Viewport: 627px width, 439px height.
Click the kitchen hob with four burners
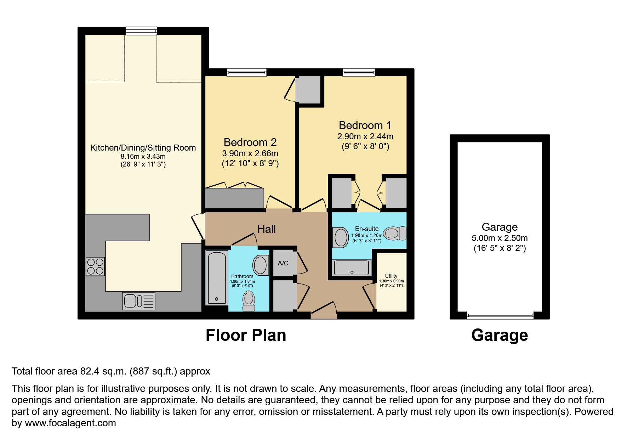click(95, 266)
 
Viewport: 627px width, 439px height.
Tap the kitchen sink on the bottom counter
click(138, 301)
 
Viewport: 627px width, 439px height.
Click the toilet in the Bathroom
click(249, 300)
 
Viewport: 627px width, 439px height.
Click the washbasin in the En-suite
click(341, 237)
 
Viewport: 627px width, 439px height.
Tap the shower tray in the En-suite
click(352, 267)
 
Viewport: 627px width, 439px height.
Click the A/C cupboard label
click(283, 263)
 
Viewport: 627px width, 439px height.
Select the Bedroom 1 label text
click(365, 125)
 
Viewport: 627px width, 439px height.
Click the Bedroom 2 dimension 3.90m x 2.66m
click(250, 153)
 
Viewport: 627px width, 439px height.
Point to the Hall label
click(266, 229)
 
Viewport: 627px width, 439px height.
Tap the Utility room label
click(391, 276)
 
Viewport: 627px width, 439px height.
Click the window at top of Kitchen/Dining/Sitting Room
click(141, 31)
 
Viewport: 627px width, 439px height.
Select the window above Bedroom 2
click(246, 73)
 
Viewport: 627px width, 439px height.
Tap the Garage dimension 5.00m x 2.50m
click(500, 238)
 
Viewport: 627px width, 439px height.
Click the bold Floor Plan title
click(246, 335)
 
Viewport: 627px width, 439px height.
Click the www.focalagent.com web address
click(70, 423)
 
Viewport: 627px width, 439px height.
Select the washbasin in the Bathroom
click(261, 265)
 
